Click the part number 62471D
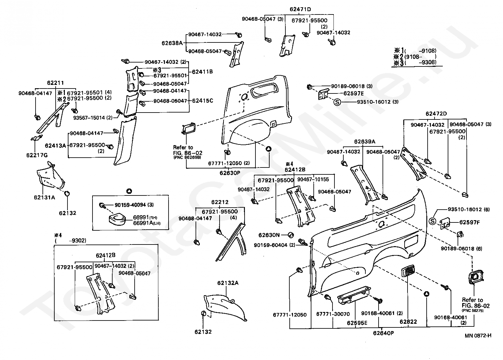click(x=300, y=10)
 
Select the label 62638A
click(x=172, y=43)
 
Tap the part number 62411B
click(x=202, y=72)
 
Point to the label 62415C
click(x=202, y=101)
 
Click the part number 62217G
click(x=37, y=155)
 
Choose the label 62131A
click(x=44, y=197)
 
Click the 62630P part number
click(x=230, y=173)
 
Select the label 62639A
click(x=365, y=141)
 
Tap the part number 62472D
click(x=436, y=114)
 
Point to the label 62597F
click(x=469, y=222)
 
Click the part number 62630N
click(x=269, y=235)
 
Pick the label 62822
click(x=408, y=321)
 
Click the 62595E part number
click(x=357, y=323)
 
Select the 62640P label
click(x=384, y=333)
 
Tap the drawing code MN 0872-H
click(x=478, y=336)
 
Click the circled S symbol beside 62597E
click(x=337, y=102)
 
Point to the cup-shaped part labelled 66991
click(x=118, y=219)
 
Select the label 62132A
click(x=228, y=283)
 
